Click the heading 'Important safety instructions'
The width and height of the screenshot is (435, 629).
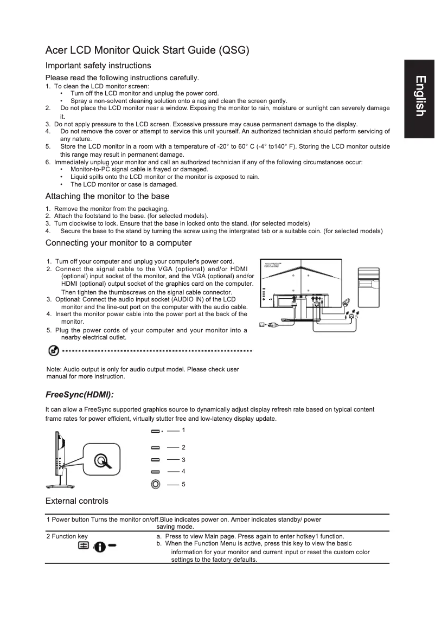tap(98, 66)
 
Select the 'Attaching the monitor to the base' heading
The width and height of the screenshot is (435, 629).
tap(107, 196)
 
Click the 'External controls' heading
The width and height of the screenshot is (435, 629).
tap(77, 500)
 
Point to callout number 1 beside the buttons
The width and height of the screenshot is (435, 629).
tap(183, 430)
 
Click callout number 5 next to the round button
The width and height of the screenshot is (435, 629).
tap(183, 484)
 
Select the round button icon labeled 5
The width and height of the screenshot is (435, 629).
tap(156, 484)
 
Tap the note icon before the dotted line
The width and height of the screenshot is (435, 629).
tap(54, 351)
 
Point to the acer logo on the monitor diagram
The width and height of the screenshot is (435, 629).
tap(271, 265)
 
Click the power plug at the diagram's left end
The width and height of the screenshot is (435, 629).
tap(264, 325)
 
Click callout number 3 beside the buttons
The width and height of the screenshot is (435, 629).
tap(183, 460)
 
